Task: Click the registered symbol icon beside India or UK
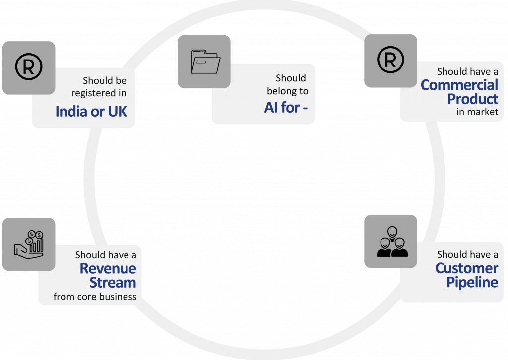pyautogui.click(x=28, y=67)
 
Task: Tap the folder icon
pyautogui.click(x=204, y=61)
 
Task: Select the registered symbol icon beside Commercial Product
pyautogui.click(x=390, y=60)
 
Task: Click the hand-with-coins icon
pyautogui.click(x=28, y=244)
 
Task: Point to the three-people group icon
pyautogui.click(x=390, y=241)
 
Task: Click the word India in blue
pyautogui.click(x=70, y=112)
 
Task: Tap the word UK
pyautogui.click(x=117, y=112)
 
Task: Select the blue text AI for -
pyautogui.click(x=289, y=108)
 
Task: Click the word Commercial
pyautogui.click(x=459, y=85)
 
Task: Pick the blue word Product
pyautogui.click(x=472, y=99)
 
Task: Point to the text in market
pyautogui.click(x=477, y=112)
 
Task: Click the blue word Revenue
pyautogui.click(x=108, y=269)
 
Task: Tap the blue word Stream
pyautogui.click(x=113, y=283)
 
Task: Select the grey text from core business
pyautogui.click(x=95, y=297)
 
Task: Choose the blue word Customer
pyautogui.click(x=466, y=268)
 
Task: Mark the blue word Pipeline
pyautogui.click(x=472, y=282)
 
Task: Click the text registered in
pyautogui.click(x=99, y=93)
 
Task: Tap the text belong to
pyautogui.click(x=287, y=91)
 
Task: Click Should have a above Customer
pyautogui.click(x=467, y=254)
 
